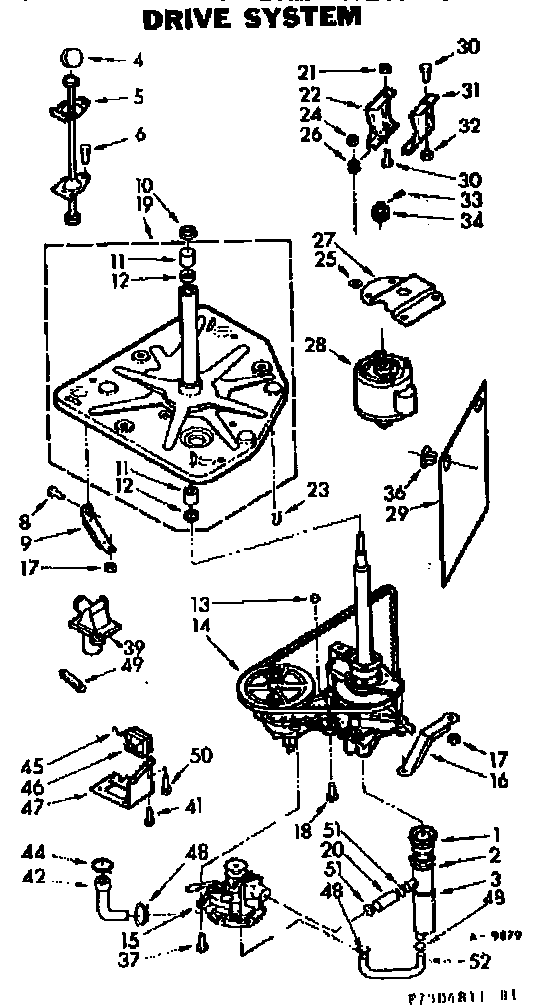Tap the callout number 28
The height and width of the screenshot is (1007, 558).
tap(314, 346)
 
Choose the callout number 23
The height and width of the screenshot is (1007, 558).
tap(318, 490)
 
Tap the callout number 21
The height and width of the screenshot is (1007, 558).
tap(307, 70)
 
